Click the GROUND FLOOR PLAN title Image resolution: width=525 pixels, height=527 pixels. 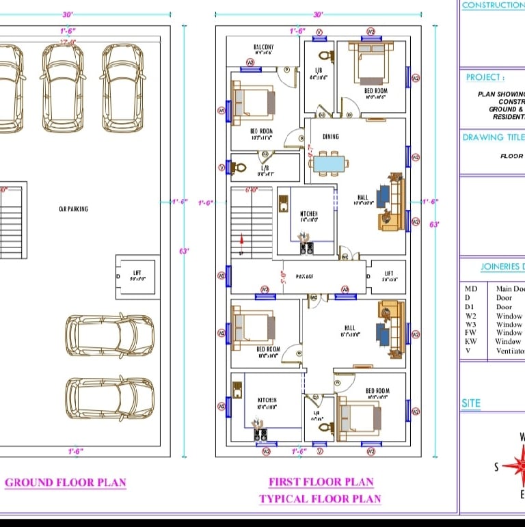tap(66, 483)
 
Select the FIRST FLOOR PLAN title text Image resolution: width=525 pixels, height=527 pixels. tap(321, 483)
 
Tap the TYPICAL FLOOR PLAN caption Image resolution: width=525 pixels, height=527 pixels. tap(320, 499)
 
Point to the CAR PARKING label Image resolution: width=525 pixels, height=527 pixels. tap(73, 209)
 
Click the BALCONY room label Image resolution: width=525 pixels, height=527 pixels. tap(254, 47)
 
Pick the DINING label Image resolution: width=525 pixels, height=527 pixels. tap(331, 137)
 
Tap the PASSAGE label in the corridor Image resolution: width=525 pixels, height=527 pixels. tap(304, 277)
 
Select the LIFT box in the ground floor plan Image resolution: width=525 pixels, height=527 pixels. tap(137, 276)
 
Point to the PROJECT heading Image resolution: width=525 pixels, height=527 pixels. tap(485, 78)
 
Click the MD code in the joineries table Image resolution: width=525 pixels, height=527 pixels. tap(471, 289)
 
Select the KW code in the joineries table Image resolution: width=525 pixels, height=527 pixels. tap(471, 342)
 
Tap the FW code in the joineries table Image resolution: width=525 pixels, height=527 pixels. tap(470, 333)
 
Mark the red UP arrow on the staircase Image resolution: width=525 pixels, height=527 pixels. tap(241, 239)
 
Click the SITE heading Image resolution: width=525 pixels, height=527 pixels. tap(471, 404)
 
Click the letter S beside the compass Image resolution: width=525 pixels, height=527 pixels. tap(497, 468)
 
